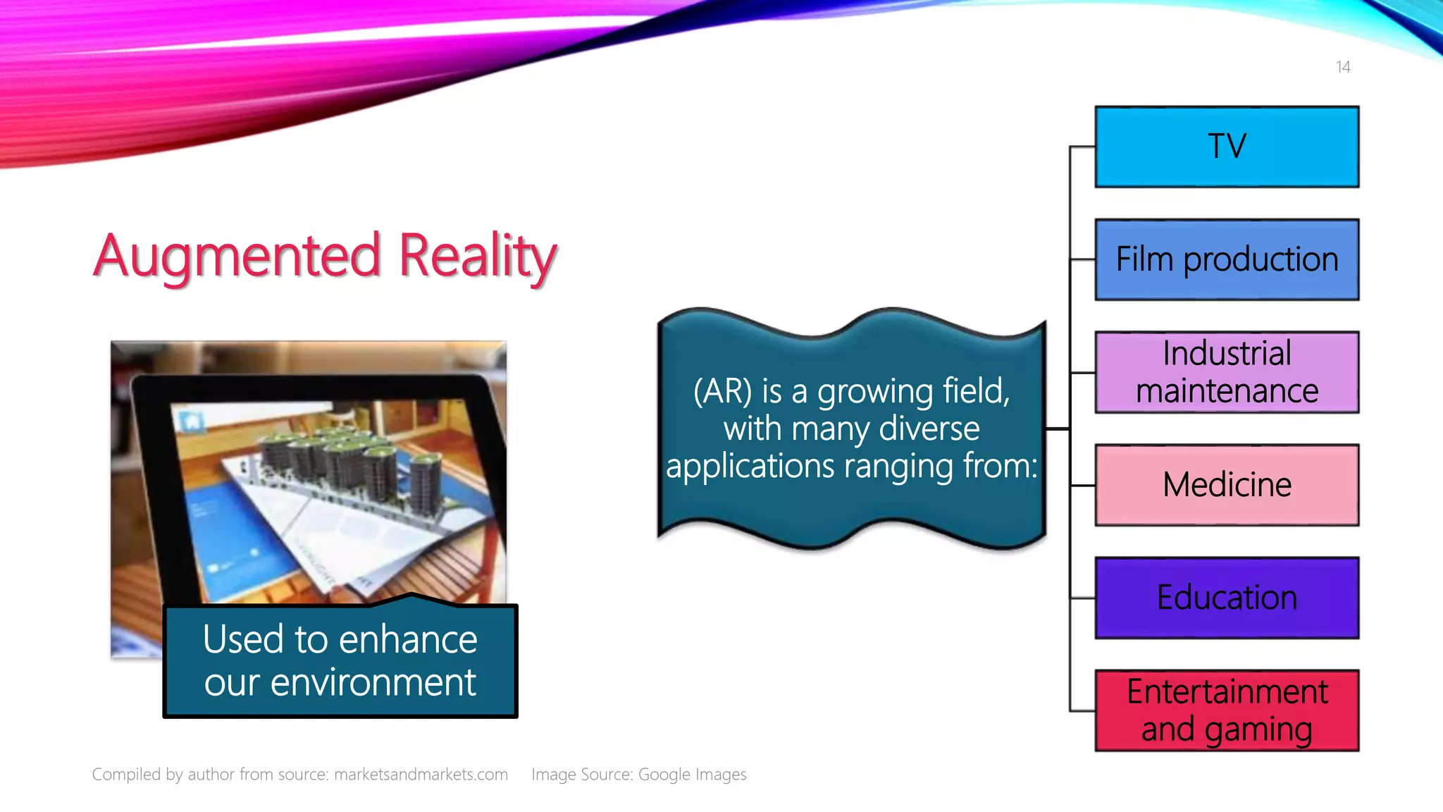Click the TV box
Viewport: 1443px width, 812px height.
[x=1226, y=147]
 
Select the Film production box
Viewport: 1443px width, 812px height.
[x=1226, y=259]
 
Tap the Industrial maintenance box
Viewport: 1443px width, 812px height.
[x=1226, y=372]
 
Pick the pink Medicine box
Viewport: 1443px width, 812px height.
[x=1226, y=485]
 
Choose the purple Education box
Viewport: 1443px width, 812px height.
[x=1226, y=598]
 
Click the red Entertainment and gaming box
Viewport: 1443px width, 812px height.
[x=1226, y=710]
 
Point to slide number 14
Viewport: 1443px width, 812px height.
[x=1342, y=67]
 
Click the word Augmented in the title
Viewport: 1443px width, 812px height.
[x=237, y=257]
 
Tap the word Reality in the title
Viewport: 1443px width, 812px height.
[x=478, y=257]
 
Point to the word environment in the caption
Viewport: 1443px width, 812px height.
[x=373, y=683]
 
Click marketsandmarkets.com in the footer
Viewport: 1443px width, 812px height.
[x=421, y=775]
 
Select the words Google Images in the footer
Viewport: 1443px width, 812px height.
[x=692, y=775]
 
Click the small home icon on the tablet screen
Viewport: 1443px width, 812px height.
[x=191, y=422]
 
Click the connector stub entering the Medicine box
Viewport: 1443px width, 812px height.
[x=1083, y=485]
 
